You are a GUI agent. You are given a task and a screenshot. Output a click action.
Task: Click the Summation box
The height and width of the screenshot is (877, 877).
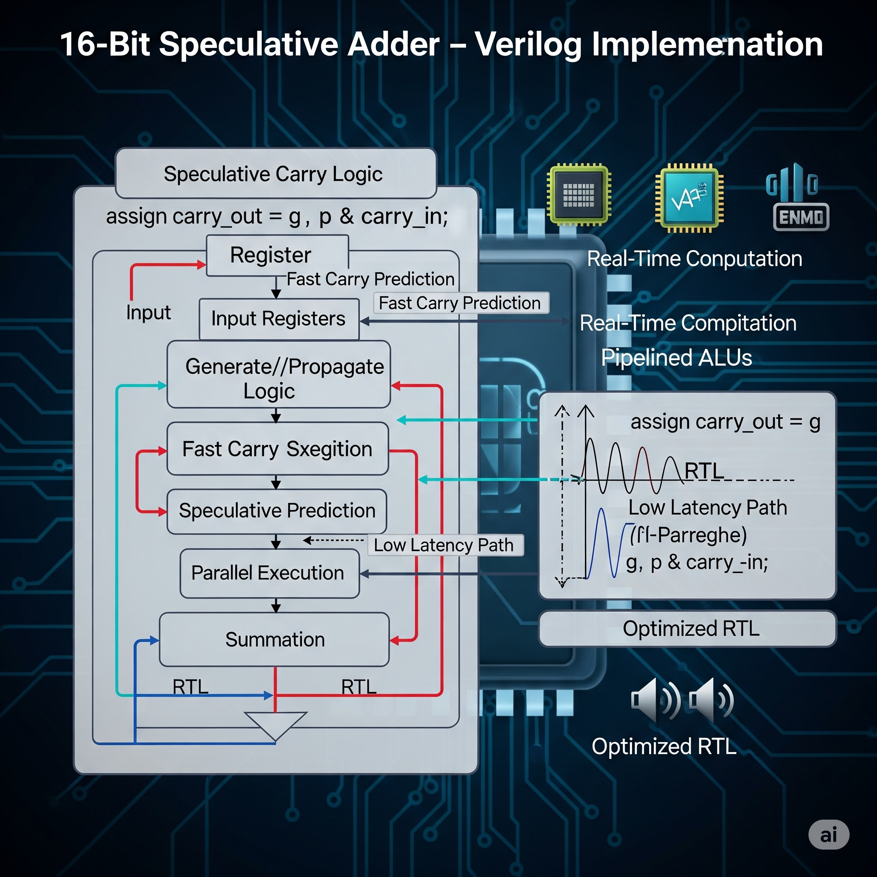274,639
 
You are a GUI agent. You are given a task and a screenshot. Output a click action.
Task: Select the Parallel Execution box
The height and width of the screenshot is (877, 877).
269,573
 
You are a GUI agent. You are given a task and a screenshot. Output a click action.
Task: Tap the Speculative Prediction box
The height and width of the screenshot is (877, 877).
277,511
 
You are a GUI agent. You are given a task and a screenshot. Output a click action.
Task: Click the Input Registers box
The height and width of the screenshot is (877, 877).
278,319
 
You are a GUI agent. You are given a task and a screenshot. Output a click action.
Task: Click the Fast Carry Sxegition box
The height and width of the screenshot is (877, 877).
277,448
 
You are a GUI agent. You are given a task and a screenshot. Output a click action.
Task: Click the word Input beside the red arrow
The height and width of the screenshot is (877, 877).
149,312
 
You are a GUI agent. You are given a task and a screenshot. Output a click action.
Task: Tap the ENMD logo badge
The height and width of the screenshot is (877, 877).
801,217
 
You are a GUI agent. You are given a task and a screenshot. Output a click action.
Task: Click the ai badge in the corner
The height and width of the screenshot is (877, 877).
829,834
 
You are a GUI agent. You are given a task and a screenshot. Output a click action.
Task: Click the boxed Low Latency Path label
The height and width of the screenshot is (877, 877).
444,545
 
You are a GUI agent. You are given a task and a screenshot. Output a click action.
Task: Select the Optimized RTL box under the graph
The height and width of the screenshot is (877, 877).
687,628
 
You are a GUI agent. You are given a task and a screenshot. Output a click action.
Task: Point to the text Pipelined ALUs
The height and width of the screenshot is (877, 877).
676,357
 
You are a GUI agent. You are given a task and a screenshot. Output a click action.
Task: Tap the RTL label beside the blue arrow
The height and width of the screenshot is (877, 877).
190,686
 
